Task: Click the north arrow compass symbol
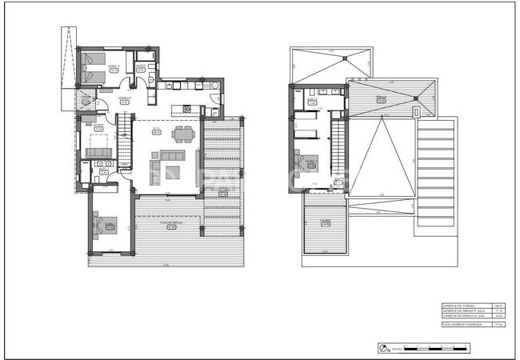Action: click(x=382, y=348)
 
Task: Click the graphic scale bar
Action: click(x=435, y=348)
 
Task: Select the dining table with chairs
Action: click(x=184, y=133)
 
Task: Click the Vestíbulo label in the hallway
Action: click(x=125, y=100)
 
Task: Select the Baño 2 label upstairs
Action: click(x=313, y=102)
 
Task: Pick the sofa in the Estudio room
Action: click(x=101, y=150)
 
